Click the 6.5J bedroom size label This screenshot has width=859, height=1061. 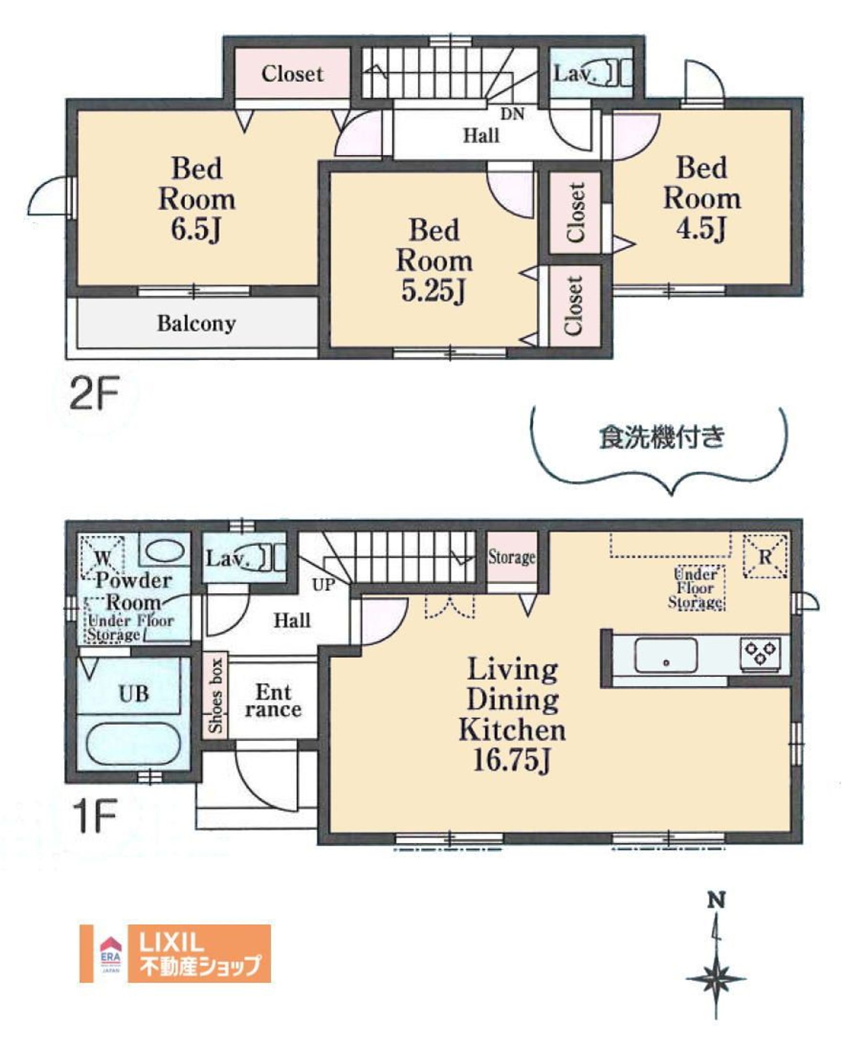(196, 229)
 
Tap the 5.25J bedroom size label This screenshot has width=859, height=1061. (433, 292)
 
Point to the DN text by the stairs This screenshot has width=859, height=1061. (513, 114)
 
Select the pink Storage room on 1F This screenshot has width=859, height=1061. (512, 557)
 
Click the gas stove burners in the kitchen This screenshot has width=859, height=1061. (760, 652)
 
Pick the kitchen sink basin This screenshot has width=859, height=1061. (666, 655)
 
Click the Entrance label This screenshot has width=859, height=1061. (273, 701)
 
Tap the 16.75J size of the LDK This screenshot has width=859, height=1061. (512, 761)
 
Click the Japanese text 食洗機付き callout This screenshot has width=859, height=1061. (661, 438)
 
